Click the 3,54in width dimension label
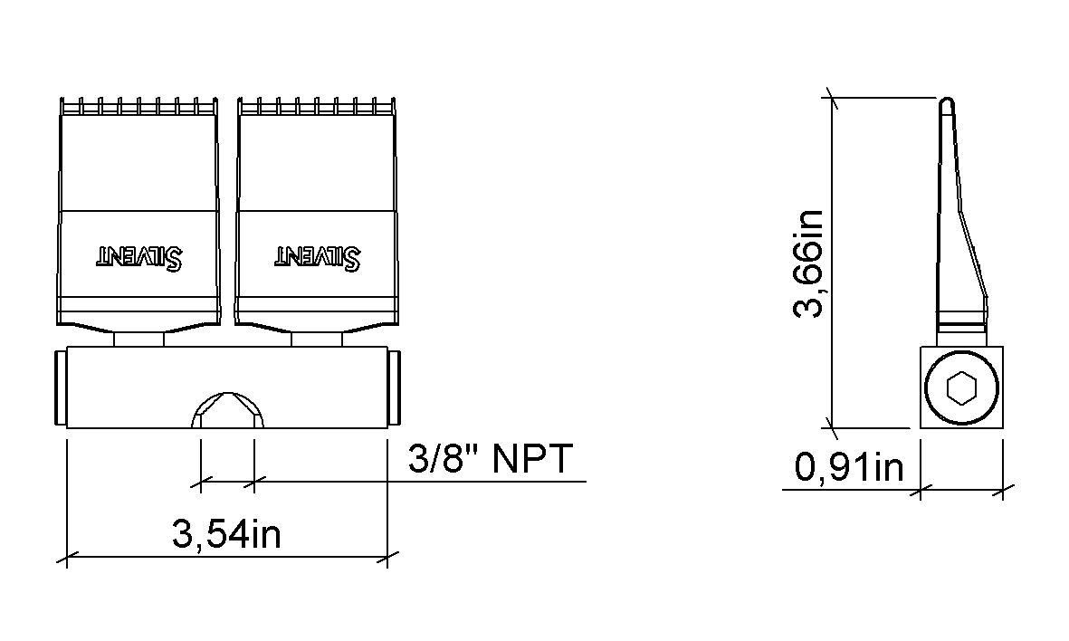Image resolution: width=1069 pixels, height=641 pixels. tap(226, 534)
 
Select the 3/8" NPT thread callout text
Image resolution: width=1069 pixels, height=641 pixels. tap(491, 458)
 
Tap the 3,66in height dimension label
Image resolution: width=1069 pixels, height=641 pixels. tap(809, 263)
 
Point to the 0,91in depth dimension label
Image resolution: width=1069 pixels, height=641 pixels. tap(849, 468)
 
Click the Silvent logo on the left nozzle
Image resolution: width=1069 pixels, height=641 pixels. tap(139, 257)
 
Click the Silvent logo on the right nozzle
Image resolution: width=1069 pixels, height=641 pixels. tap(318, 257)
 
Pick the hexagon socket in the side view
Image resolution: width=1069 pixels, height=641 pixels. tap(961, 388)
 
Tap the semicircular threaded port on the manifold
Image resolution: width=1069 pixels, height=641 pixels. tap(228, 409)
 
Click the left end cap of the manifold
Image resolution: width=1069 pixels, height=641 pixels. tap(60, 388)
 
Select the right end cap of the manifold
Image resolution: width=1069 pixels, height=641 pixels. tap(394, 388)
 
